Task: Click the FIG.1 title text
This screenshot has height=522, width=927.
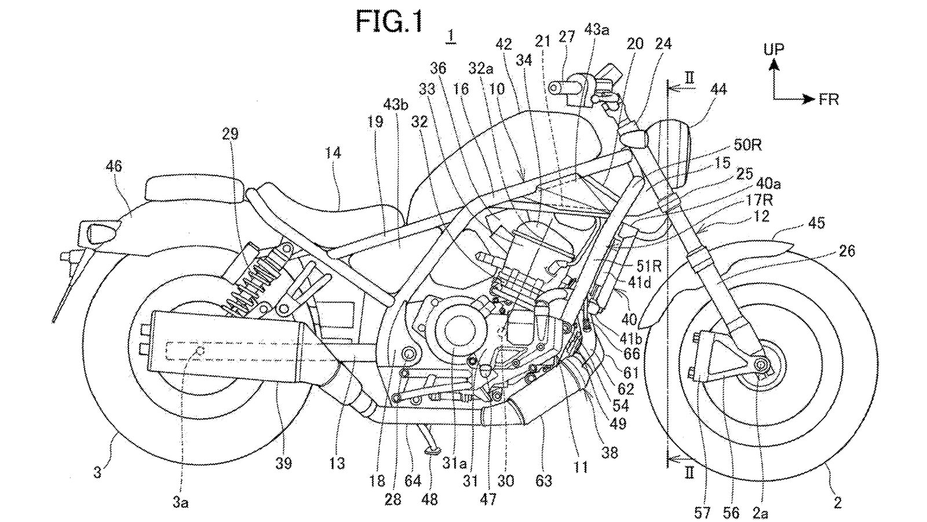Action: pyautogui.click(x=389, y=21)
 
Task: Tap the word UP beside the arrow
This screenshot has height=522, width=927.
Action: pyautogui.click(x=773, y=49)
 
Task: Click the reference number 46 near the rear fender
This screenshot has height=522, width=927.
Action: pyautogui.click(x=114, y=166)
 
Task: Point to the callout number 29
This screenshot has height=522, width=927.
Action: pyautogui.click(x=230, y=135)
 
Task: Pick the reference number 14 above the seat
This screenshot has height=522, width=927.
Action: pyautogui.click(x=333, y=153)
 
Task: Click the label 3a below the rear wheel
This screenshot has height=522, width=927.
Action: pyautogui.click(x=181, y=502)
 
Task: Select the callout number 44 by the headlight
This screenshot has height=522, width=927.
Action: pyautogui.click(x=718, y=89)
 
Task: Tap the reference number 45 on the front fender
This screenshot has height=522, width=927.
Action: pyautogui.click(x=816, y=223)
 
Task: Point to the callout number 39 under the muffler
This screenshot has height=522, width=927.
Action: pyautogui.click(x=283, y=463)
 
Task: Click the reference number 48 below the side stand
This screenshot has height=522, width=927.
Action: pyautogui.click(x=430, y=498)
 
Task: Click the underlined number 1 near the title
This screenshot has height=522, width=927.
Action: pyautogui.click(x=450, y=36)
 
